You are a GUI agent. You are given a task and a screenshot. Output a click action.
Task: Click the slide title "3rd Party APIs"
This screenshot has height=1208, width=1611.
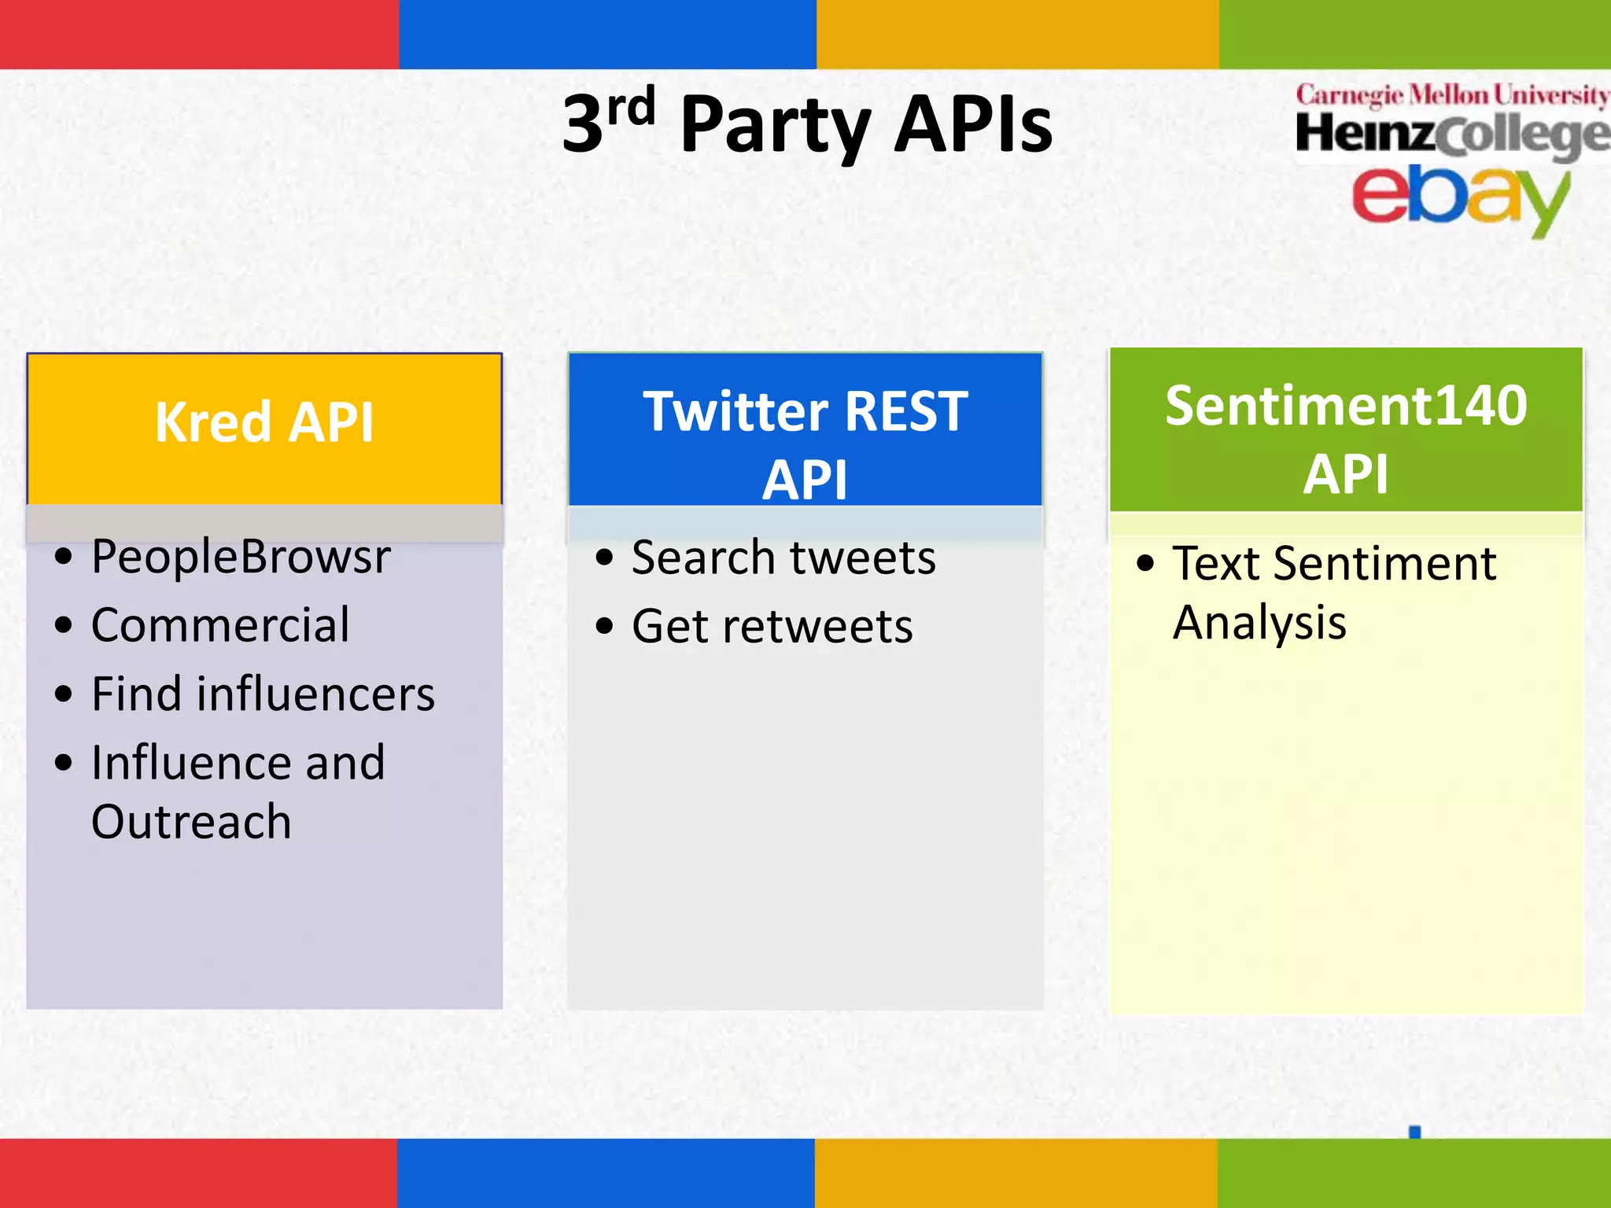[x=807, y=124]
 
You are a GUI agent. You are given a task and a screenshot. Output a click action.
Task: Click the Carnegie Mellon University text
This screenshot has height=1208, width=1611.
[x=1452, y=96]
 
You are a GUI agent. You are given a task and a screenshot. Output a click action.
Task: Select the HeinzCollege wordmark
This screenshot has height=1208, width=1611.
[x=1452, y=134]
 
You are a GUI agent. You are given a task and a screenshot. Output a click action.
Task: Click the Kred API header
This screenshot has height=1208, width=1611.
[x=264, y=423]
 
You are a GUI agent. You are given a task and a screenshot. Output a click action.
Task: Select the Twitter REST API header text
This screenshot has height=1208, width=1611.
[x=805, y=444]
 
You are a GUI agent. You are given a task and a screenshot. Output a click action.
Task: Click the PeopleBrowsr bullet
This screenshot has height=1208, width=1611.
[x=240, y=557]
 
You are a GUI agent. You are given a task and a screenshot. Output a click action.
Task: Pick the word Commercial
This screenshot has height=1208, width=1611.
[x=220, y=625]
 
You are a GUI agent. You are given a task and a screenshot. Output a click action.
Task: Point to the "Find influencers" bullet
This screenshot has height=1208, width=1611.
[x=263, y=694]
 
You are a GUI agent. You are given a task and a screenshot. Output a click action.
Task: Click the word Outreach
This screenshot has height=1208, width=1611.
[x=191, y=822]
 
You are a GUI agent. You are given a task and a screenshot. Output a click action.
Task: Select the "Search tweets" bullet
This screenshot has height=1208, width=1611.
[x=783, y=558]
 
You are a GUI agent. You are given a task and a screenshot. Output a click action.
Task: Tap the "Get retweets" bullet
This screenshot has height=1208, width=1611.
[x=772, y=627]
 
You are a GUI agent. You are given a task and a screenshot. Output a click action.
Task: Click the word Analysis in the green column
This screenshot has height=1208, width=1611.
[x=1259, y=623]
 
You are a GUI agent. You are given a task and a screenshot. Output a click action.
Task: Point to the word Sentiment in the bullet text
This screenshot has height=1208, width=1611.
[x=1384, y=563]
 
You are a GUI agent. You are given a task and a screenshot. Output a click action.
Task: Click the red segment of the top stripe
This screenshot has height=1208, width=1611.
[x=199, y=34]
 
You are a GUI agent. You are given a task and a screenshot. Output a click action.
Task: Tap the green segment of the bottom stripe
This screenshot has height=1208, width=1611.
[x=1414, y=1173]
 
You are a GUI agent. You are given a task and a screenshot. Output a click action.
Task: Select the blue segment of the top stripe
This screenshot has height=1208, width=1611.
[x=607, y=34]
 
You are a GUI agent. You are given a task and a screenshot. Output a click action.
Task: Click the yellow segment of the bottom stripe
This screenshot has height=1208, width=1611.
[x=1016, y=1173]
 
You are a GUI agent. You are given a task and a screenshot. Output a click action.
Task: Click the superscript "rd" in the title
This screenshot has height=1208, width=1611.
[x=631, y=108]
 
